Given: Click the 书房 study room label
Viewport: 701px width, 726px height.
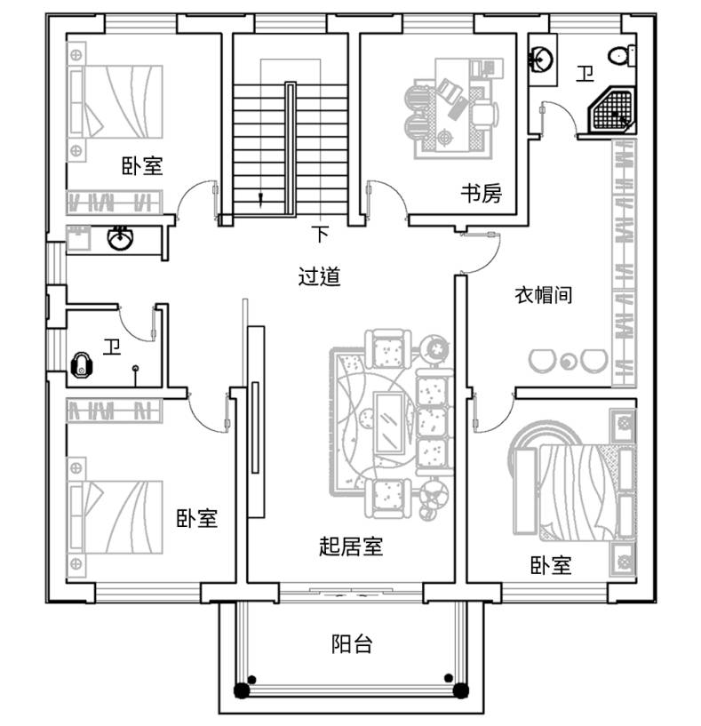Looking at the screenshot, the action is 481,193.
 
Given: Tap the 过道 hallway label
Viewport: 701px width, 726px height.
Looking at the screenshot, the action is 319,276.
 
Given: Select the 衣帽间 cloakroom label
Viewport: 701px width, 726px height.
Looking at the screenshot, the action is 544,295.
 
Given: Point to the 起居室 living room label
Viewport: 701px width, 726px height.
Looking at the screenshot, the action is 351,546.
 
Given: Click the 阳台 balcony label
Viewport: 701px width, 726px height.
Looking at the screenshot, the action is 352,643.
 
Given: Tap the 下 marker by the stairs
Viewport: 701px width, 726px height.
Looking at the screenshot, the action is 320,234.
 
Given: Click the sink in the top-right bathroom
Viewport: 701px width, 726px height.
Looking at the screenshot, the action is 541,60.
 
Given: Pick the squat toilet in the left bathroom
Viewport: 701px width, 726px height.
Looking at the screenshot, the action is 82,365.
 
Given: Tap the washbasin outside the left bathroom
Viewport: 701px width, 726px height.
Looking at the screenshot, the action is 120,238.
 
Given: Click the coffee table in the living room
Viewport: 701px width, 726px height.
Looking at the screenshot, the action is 388,423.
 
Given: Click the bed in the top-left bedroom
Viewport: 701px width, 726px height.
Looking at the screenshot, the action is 115,102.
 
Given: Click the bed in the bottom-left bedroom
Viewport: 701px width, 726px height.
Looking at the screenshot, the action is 115,516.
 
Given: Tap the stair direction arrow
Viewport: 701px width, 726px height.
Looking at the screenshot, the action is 260,198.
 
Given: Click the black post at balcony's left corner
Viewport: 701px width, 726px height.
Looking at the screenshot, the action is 242,690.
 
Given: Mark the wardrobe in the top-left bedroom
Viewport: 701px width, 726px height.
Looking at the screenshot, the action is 114,202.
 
